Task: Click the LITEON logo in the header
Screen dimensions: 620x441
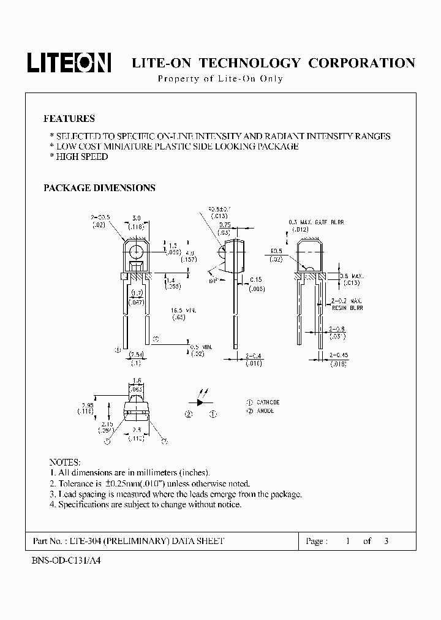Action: tap(68, 62)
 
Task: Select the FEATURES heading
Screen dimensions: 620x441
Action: tap(69, 119)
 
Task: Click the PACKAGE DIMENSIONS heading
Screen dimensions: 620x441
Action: tap(99, 188)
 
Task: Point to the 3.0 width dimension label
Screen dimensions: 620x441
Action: tap(137, 219)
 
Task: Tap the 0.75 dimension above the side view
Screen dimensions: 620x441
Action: tap(225, 225)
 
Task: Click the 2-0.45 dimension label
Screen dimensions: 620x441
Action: tap(339, 355)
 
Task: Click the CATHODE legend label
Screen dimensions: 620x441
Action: tap(268, 403)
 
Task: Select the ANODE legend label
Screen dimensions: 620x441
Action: tap(265, 411)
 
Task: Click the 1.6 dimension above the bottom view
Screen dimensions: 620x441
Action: tap(137, 380)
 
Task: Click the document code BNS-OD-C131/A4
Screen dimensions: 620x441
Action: tap(65, 561)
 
